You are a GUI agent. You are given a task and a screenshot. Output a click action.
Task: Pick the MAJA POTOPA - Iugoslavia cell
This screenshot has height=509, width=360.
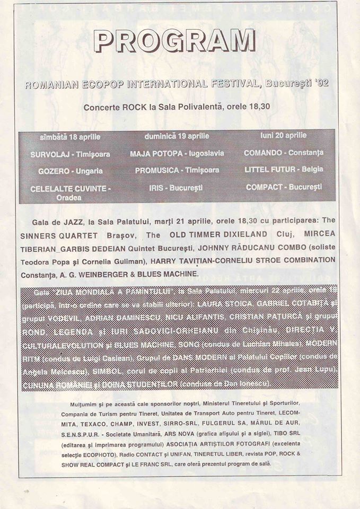point(177,154)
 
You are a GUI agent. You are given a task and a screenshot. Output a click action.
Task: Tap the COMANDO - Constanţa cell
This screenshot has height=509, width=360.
point(284,153)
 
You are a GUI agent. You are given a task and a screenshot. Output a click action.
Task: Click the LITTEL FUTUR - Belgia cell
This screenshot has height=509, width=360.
point(284,170)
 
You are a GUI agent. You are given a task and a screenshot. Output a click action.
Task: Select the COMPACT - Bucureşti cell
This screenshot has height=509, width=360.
point(284,187)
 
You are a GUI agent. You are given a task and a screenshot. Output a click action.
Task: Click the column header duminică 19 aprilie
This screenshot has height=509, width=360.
point(177,136)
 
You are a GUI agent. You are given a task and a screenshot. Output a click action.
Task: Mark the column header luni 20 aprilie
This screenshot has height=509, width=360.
point(284,136)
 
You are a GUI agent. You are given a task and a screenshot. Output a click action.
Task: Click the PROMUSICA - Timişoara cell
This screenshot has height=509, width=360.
point(177,171)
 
